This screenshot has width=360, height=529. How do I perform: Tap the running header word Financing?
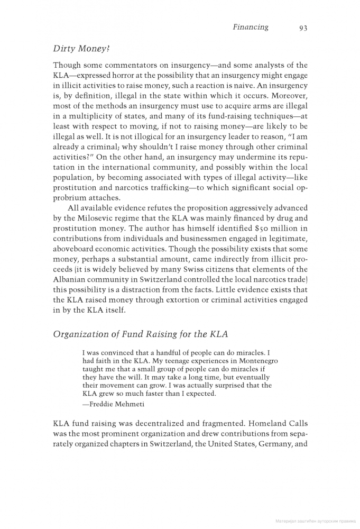(251, 27)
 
